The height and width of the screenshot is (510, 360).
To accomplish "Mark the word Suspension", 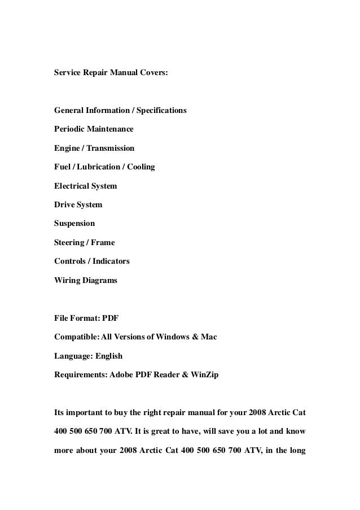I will pos(74,223).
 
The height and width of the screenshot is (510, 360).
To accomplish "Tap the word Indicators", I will pos(111,261).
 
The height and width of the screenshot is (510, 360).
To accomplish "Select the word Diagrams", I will pos(99,280).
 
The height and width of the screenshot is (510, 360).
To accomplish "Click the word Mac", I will pos(209,337).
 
